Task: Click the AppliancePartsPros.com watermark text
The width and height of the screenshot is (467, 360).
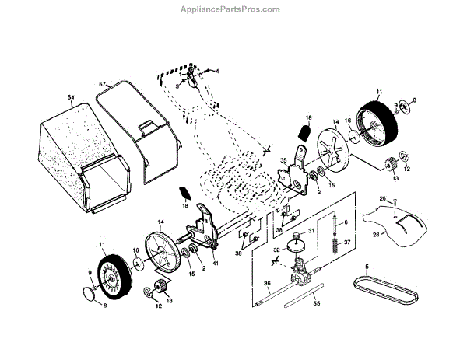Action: tap(233, 9)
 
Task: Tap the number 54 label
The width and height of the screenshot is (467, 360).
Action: tap(70, 96)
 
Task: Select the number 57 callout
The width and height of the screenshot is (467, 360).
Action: tap(102, 82)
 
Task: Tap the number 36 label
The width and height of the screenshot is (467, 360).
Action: tap(266, 283)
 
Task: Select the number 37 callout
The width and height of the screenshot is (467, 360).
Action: tap(347, 242)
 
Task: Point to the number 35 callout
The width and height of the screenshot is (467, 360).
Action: tap(283, 163)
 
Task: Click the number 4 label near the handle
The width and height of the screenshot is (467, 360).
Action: tap(217, 71)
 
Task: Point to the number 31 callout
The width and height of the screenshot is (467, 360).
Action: tap(311, 231)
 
